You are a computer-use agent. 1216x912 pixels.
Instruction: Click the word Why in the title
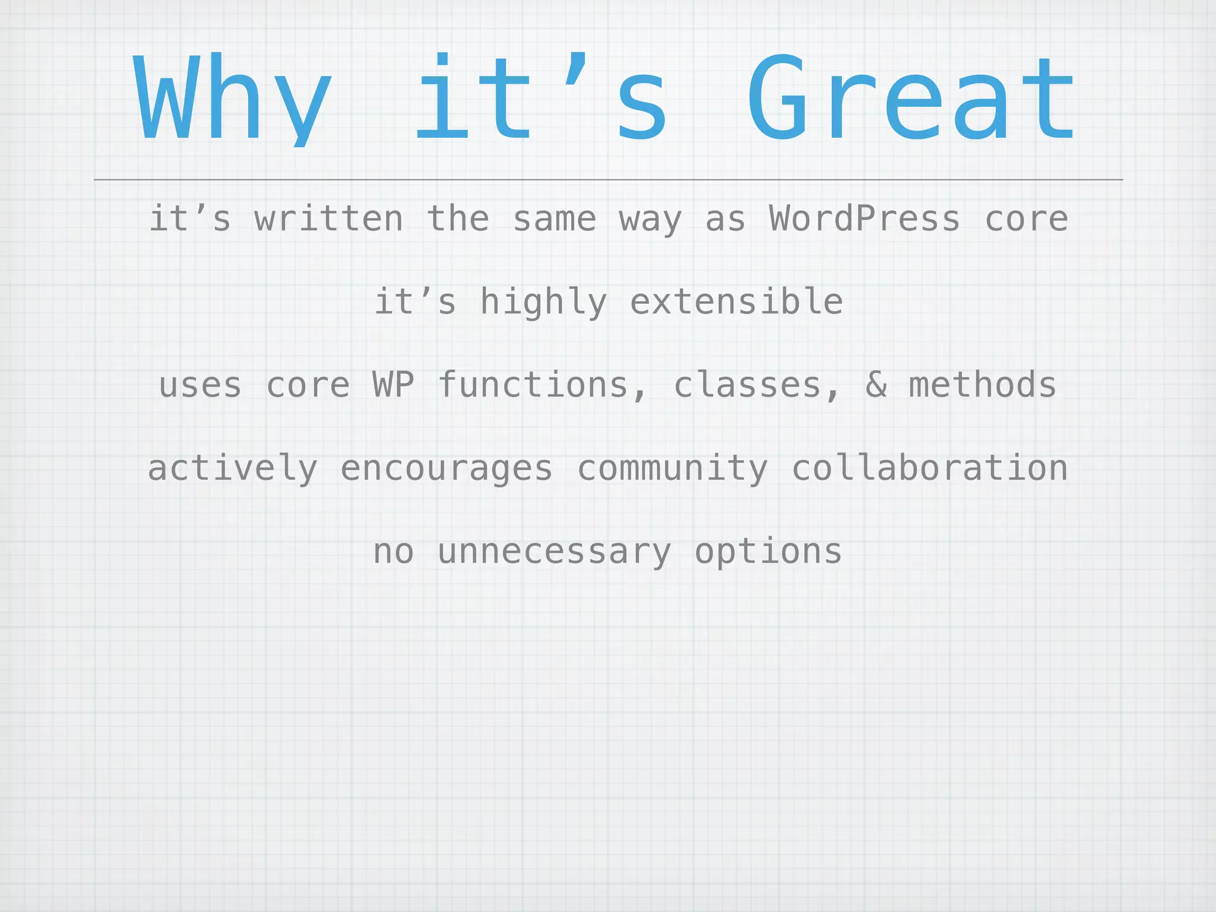click(x=232, y=99)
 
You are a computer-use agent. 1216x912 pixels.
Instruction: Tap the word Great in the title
click(x=911, y=99)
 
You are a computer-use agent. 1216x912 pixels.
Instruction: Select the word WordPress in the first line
click(x=864, y=218)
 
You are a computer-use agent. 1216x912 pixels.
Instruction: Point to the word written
click(x=329, y=218)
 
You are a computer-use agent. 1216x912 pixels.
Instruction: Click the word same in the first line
click(x=554, y=218)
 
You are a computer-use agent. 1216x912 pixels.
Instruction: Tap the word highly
click(x=543, y=302)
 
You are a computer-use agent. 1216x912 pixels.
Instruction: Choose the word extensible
click(x=736, y=302)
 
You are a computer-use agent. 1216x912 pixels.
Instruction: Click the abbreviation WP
click(x=393, y=385)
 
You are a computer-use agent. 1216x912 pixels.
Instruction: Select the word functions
click(x=533, y=385)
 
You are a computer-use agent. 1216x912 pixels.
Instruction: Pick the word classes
click(x=747, y=385)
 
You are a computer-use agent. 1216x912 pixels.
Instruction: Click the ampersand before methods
click(x=876, y=385)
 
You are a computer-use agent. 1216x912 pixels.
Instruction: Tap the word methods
click(x=983, y=385)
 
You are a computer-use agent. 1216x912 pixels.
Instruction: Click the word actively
click(x=232, y=468)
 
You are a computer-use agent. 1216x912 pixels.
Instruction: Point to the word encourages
click(x=446, y=468)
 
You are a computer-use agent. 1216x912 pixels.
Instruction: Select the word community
click(x=672, y=468)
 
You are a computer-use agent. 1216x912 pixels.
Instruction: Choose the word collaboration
click(x=929, y=468)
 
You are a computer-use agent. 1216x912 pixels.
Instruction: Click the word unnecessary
click(x=554, y=552)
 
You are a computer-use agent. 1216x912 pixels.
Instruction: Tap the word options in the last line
click(x=768, y=552)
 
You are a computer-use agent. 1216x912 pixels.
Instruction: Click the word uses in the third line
click(x=200, y=385)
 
